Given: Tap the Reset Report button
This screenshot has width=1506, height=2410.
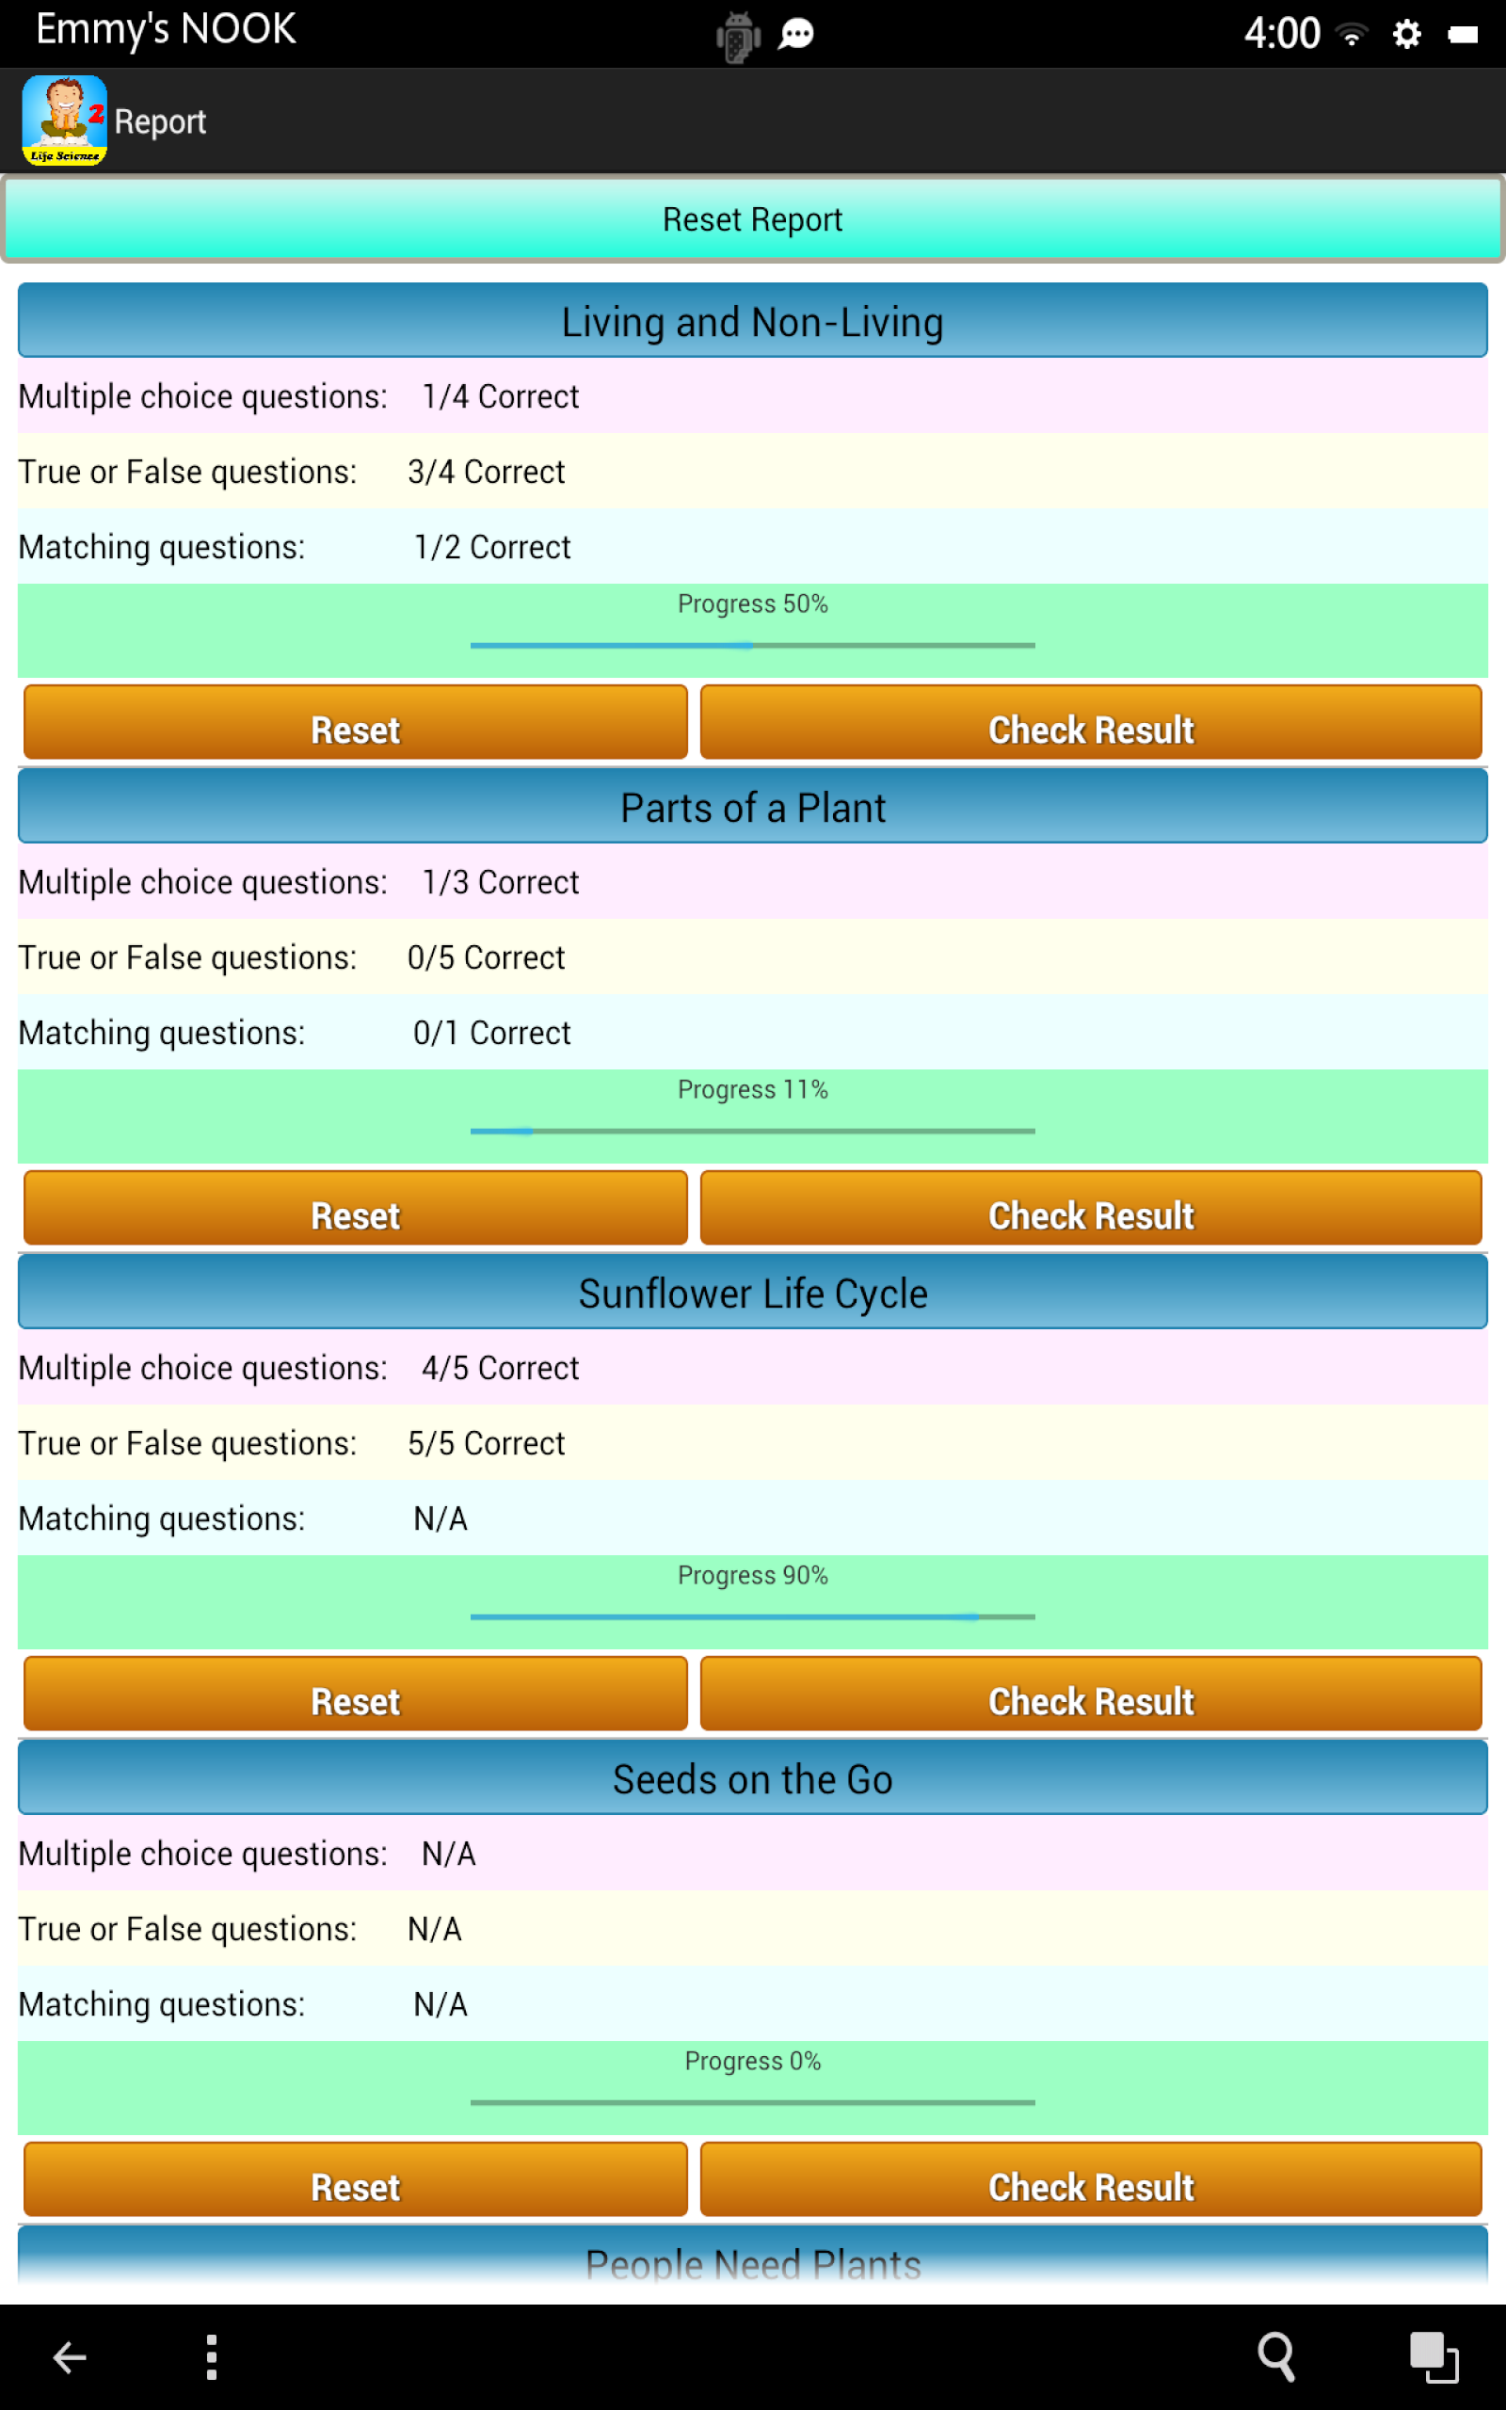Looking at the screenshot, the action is point(752,219).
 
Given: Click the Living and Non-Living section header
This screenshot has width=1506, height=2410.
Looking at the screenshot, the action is point(752,322).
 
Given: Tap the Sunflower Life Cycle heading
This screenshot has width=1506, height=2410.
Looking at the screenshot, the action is point(752,1293).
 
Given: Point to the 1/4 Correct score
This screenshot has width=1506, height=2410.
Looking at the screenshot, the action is point(500,396).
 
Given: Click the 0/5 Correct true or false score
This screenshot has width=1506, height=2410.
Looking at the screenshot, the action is point(486,957).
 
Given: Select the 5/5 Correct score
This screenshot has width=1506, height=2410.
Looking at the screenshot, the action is point(486,1443).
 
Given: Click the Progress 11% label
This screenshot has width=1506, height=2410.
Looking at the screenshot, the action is point(752,1088).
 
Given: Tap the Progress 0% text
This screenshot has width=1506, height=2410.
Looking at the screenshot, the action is point(752,2061).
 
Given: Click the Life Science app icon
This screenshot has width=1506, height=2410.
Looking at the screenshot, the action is point(65,120).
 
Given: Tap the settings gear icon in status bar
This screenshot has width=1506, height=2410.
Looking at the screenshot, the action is point(1406,35).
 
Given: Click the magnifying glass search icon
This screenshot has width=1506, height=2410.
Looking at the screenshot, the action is point(1276,2356).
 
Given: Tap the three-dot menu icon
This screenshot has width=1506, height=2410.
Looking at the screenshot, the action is point(211,2356).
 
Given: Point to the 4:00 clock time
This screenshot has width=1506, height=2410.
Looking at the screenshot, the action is point(1282,34).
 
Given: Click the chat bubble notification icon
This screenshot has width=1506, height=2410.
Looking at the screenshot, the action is point(796,35).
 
